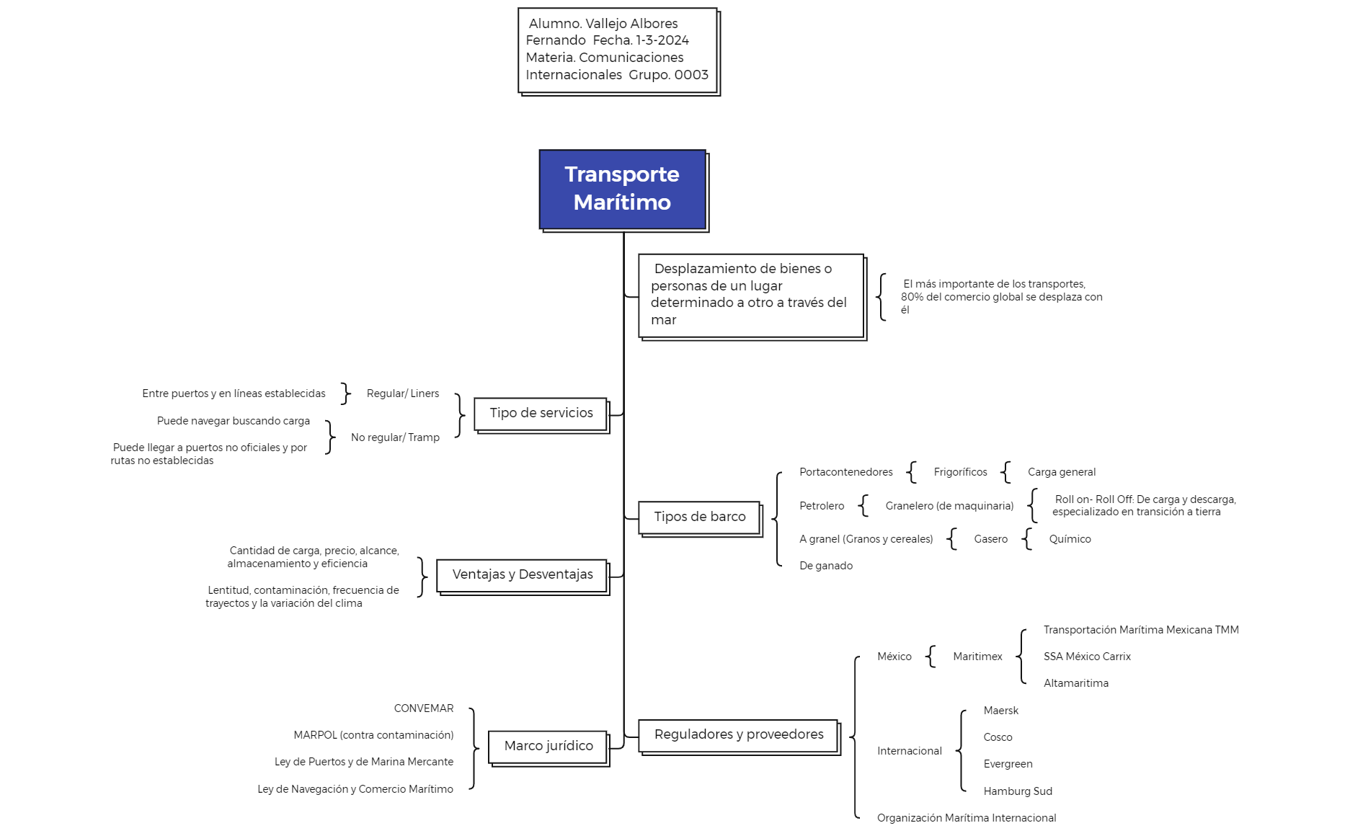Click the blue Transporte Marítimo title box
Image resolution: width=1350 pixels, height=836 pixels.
coord(623,190)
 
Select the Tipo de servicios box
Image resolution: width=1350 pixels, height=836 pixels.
coord(541,414)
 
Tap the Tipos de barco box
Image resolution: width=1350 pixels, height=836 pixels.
coord(699,517)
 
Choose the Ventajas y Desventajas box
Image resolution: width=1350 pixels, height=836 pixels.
coord(522,575)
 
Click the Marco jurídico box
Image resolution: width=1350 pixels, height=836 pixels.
coord(548,747)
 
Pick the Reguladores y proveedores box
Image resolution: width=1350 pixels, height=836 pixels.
coord(738,735)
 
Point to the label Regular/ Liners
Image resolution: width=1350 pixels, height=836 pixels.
coord(403,393)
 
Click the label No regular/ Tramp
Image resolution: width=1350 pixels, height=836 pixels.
coord(395,437)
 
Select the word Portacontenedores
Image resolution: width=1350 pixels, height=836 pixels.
coord(845,472)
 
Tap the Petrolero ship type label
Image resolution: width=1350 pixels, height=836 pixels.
coord(822,506)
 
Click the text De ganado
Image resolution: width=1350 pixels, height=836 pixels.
coord(826,566)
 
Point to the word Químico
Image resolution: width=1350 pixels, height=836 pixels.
coord(1070,539)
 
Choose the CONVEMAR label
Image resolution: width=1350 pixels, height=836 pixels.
coord(424,708)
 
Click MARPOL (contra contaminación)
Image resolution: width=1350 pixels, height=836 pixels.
coord(373,735)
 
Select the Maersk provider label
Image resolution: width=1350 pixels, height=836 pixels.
coord(1000,711)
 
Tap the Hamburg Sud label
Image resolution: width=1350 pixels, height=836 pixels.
coord(1018,791)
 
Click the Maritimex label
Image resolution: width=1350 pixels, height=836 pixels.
coord(977,657)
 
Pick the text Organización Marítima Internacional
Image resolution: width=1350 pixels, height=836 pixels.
coord(967,818)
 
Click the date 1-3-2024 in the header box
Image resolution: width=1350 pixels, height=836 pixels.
coord(662,40)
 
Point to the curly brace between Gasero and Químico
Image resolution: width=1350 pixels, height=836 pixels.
coord(1027,539)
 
